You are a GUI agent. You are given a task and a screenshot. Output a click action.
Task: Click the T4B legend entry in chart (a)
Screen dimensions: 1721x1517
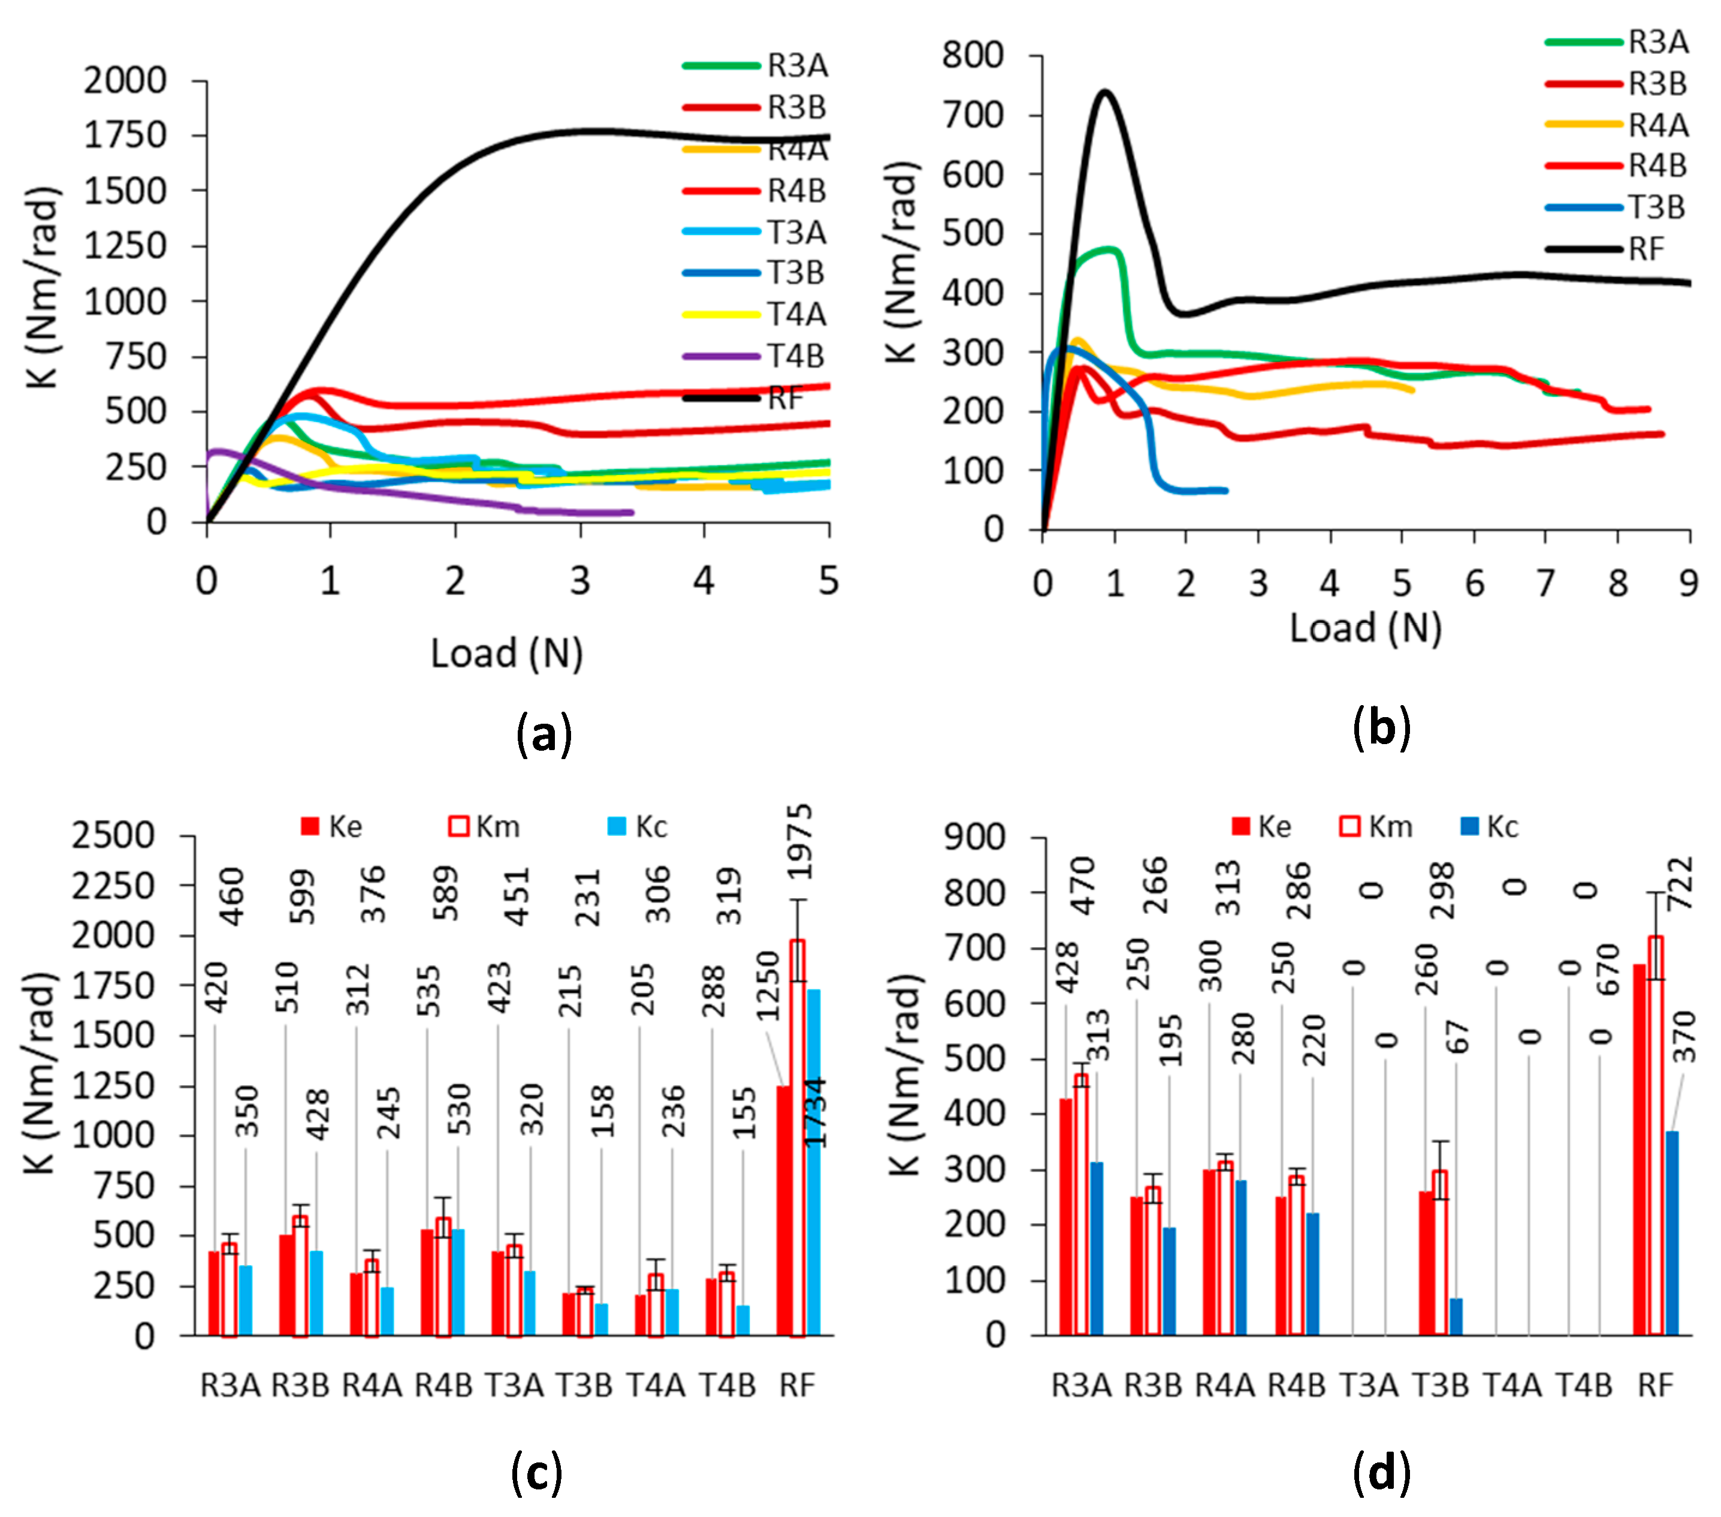pos(754,356)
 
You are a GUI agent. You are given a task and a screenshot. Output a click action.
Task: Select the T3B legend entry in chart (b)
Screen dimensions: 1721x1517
pos(1616,207)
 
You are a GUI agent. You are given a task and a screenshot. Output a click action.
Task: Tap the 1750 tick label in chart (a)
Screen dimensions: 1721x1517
pos(125,135)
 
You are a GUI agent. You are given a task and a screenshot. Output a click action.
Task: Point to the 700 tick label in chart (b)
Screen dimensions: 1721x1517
pos(973,115)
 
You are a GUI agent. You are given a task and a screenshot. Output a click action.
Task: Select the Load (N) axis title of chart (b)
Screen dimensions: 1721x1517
pos(1366,628)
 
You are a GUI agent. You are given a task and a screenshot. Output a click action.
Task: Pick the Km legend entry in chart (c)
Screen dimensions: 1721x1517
pos(485,826)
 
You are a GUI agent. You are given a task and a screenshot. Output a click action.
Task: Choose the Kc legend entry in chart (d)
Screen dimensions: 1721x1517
pos(1490,826)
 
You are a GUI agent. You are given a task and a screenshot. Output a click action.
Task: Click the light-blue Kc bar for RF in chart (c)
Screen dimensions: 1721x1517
pos(813,1163)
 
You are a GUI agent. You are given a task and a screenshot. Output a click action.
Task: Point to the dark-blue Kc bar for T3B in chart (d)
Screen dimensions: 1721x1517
pos(1456,1317)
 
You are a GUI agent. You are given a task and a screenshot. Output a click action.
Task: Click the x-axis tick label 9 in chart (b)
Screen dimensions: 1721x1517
pos(1688,583)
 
